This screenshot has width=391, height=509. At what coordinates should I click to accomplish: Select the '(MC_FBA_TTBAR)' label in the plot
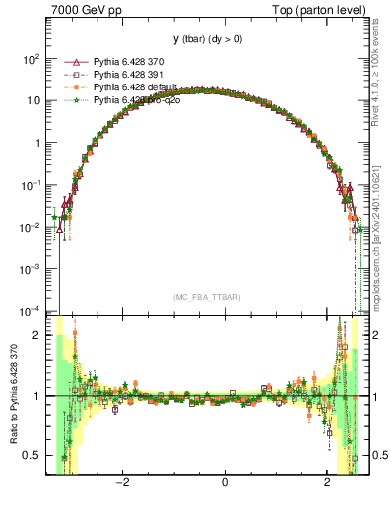click(205, 297)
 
